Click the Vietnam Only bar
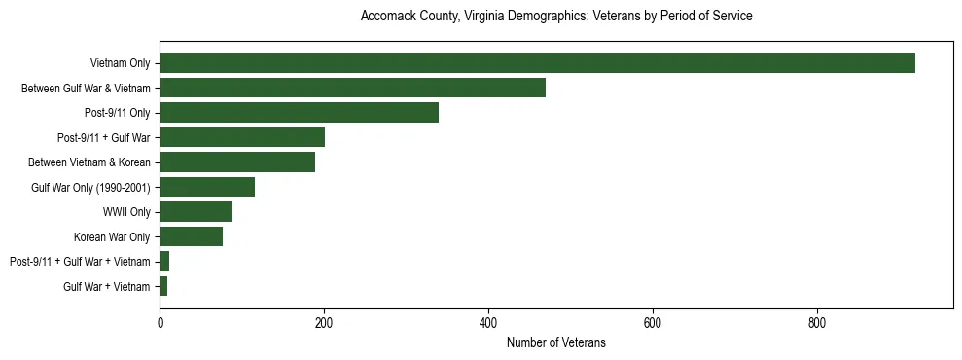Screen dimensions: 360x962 (x=537, y=63)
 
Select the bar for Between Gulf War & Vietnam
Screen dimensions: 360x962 (x=352, y=88)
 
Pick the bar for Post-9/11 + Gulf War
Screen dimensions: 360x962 (x=242, y=137)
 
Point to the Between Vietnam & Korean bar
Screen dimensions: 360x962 (x=237, y=162)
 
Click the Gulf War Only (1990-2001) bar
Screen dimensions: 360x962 (x=207, y=187)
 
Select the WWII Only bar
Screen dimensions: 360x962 (x=196, y=212)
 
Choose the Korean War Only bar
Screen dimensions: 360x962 (x=191, y=236)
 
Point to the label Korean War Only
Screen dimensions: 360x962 (x=112, y=237)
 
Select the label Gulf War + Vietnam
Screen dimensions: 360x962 (x=107, y=287)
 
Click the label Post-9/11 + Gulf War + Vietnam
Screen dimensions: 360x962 (x=80, y=262)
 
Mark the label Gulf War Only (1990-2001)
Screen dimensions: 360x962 (x=90, y=188)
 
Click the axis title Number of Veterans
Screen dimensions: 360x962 (x=555, y=342)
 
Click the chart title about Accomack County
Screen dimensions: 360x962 (x=555, y=17)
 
